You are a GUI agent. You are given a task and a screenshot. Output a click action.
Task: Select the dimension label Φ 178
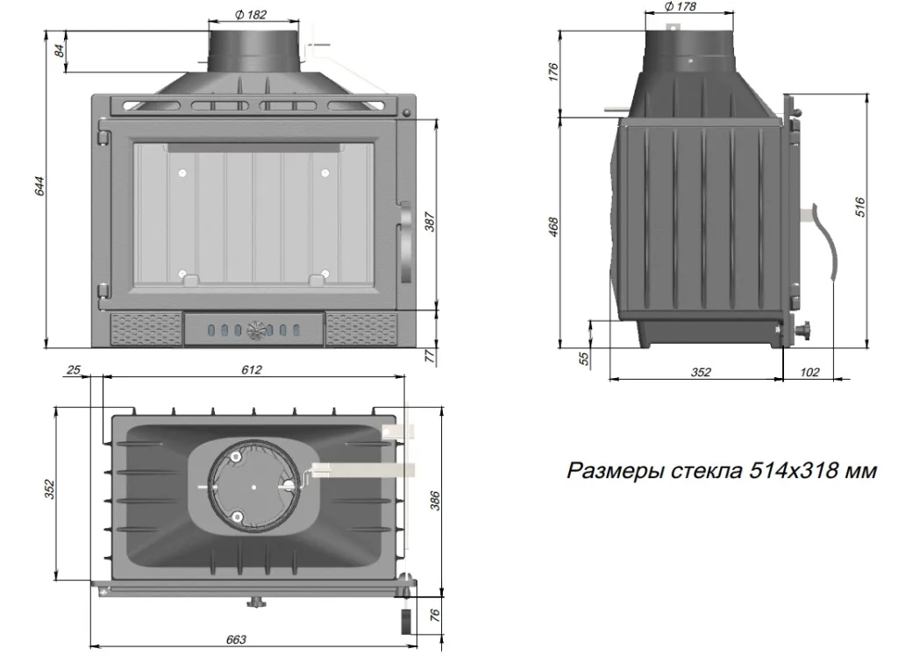[x=681, y=7]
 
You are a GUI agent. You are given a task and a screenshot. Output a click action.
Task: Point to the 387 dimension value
[x=430, y=223]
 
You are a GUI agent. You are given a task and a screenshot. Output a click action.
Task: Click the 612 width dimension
[x=252, y=370]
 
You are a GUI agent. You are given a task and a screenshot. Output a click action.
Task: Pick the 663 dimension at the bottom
[x=236, y=639]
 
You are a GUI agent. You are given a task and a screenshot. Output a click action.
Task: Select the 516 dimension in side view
[x=860, y=207]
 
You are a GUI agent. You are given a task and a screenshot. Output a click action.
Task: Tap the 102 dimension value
[x=810, y=372]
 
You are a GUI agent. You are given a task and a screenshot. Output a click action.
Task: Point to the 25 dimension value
[x=73, y=370]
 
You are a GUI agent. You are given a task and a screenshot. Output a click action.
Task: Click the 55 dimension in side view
[x=583, y=358]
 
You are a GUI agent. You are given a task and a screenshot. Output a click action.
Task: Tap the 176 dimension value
[x=553, y=73]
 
